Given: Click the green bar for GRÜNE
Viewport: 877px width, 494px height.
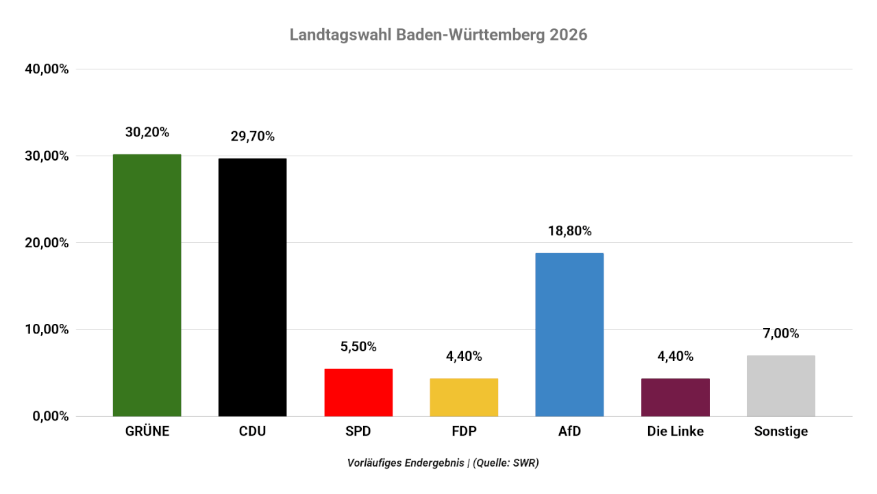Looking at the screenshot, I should [x=147, y=285].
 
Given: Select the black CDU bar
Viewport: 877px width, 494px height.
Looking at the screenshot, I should [x=253, y=287].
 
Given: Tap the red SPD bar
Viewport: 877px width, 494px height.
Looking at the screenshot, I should [x=358, y=392].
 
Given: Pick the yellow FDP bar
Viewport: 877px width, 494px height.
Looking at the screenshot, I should [x=464, y=397].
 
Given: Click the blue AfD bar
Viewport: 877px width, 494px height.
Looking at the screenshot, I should [x=569, y=334].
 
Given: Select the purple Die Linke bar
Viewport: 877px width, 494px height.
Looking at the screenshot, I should [x=675, y=397].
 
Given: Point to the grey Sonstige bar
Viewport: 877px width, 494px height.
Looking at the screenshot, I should [x=781, y=386].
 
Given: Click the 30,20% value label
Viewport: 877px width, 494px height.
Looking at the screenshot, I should [x=147, y=132].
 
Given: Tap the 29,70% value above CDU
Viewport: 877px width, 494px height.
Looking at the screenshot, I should [x=253, y=137].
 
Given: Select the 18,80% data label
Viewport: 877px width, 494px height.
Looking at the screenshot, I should [x=569, y=231].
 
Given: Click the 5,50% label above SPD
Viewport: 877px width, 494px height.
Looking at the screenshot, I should [x=358, y=346].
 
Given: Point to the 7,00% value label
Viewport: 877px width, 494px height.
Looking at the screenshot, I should [x=781, y=333].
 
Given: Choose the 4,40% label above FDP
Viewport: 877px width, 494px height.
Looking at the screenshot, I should [x=464, y=356].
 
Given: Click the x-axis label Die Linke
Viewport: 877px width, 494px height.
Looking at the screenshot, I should [x=675, y=432].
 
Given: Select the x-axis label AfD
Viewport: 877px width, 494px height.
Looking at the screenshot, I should [x=569, y=432].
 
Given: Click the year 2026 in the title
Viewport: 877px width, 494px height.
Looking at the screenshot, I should [x=568, y=35].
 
